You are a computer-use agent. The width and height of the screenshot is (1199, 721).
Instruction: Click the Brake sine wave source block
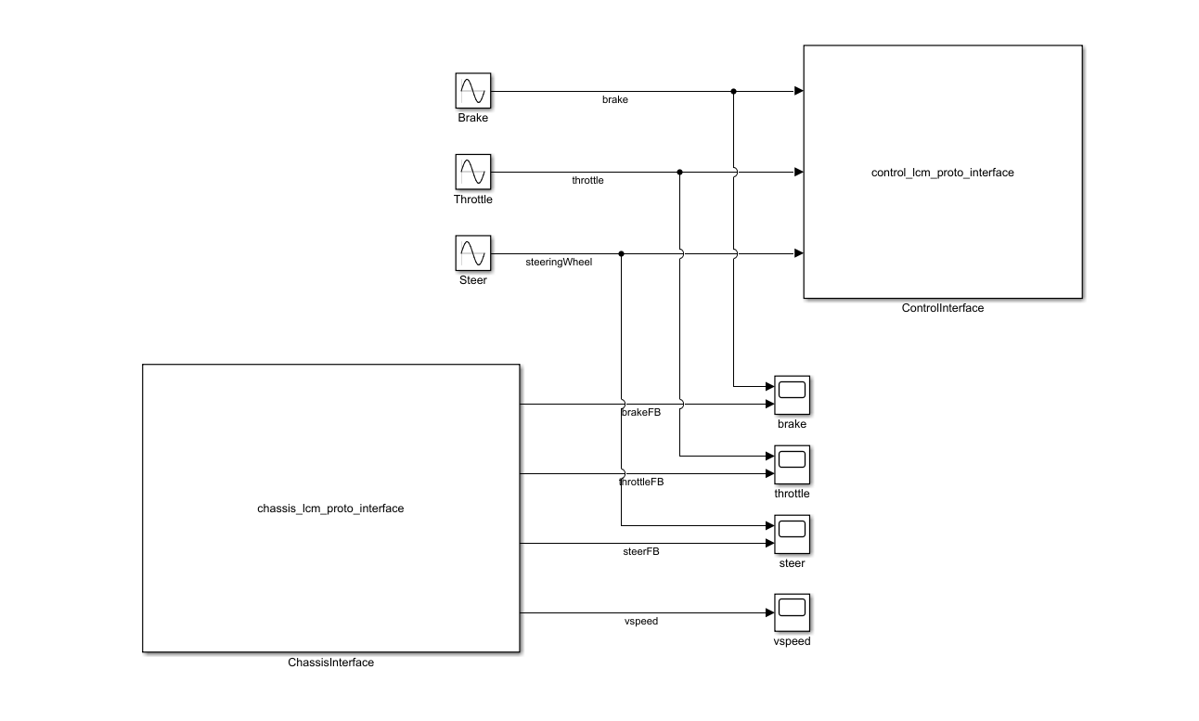pos(472,92)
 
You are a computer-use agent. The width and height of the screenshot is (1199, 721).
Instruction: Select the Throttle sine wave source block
pos(472,173)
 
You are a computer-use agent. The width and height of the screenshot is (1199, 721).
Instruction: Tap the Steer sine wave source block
pos(472,253)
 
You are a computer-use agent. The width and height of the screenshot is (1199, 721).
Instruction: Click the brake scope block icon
pos(793,395)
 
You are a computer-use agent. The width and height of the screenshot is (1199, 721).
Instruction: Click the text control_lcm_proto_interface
pos(942,173)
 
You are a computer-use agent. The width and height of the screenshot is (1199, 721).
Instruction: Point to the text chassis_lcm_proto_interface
pos(330,509)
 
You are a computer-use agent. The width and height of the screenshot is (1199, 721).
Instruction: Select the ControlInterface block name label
pos(942,308)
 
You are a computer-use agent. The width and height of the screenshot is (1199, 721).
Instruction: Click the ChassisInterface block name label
pos(330,663)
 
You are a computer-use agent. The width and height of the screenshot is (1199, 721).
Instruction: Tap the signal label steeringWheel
pos(559,262)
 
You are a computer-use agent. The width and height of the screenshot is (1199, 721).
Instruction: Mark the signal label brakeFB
pos(641,412)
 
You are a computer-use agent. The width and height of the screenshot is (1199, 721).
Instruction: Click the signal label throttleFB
pos(641,482)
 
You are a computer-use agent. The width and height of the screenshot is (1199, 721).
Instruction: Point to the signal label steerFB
pos(641,551)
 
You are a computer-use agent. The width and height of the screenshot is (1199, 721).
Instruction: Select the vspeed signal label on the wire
pos(641,621)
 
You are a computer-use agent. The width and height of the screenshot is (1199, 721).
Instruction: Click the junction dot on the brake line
pos(733,91)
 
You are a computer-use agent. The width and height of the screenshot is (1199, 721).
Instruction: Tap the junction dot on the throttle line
pos(680,172)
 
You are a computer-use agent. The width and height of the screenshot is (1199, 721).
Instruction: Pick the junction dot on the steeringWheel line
pos(621,253)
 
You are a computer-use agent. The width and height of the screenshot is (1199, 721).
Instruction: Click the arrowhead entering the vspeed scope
pos(769,612)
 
